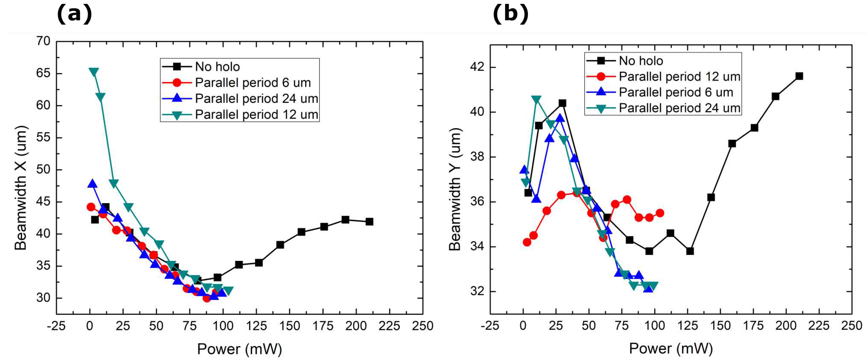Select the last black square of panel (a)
click(x=369, y=221)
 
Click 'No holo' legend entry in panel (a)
click(x=217, y=67)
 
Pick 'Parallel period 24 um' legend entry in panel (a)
click(x=256, y=99)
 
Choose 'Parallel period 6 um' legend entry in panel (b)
click(x=676, y=92)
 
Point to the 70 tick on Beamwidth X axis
click(x=43, y=41)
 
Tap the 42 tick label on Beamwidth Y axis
click(x=477, y=67)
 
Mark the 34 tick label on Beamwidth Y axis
click(x=477, y=246)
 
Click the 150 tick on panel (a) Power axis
click(x=290, y=326)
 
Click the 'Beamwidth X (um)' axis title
click(x=21, y=188)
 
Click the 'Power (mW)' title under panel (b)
click(x=671, y=349)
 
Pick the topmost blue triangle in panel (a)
click(x=92, y=184)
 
